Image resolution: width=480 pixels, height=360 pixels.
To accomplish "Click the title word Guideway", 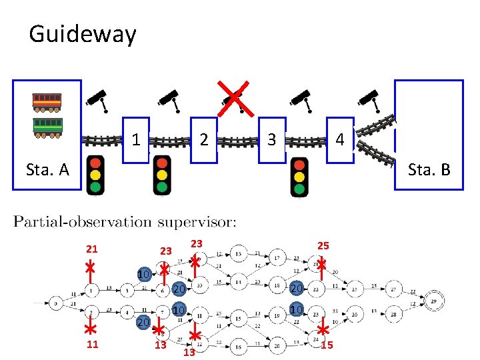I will (x=82, y=33).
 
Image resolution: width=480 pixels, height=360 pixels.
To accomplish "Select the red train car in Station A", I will (x=47, y=101).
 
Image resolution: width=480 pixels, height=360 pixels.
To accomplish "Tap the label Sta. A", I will (x=47, y=170).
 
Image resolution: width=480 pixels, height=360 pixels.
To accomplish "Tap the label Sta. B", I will (x=429, y=170).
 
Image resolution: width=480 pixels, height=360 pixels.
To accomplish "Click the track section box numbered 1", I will (x=136, y=140).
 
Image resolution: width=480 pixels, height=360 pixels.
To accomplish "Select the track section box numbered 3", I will (x=272, y=140).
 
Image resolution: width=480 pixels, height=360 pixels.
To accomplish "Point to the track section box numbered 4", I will (x=340, y=140).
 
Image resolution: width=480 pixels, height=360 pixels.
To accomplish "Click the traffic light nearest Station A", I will (x=97, y=175).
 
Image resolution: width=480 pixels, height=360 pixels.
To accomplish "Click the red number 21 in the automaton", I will (x=92, y=249).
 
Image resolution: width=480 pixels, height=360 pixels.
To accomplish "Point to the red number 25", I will (x=323, y=246).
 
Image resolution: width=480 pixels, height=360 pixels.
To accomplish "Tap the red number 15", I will (x=327, y=345).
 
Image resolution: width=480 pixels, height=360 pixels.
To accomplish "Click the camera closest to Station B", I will (x=369, y=99).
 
